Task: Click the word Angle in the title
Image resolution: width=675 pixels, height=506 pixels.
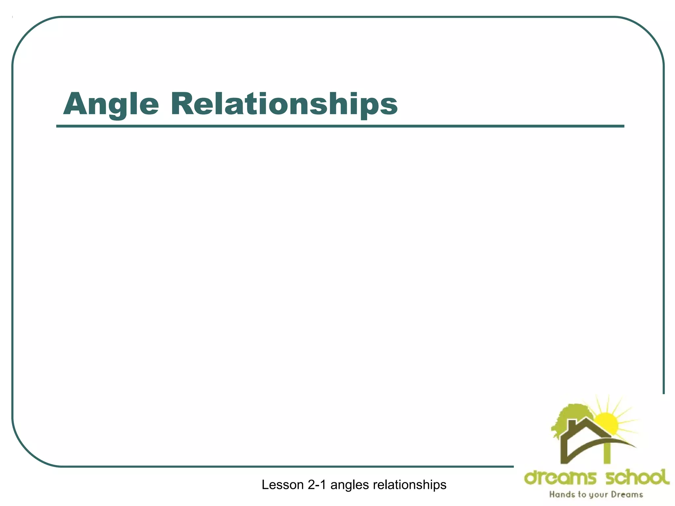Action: coord(111,104)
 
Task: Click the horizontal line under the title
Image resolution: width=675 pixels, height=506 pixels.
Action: coord(339,126)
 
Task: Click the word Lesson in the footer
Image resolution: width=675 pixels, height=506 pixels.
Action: coord(282,485)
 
